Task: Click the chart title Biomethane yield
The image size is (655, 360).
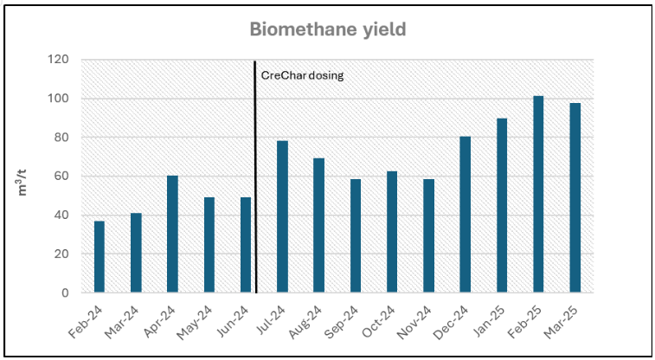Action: pyautogui.click(x=328, y=29)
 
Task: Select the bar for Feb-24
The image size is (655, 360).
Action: pyautogui.click(x=100, y=257)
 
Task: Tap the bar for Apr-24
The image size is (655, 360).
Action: pyautogui.click(x=172, y=235)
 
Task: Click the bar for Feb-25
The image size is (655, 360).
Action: pyautogui.click(x=538, y=195)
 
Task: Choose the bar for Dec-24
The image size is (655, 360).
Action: pyautogui.click(x=466, y=215)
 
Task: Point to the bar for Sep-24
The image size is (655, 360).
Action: pyautogui.click(x=356, y=236)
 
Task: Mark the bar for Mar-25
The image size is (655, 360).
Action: pyautogui.click(x=575, y=198)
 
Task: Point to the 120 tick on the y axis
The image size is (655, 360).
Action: pyautogui.click(x=59, y=61)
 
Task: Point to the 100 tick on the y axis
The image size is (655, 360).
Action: pyautogui.click(x=59, y=99)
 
